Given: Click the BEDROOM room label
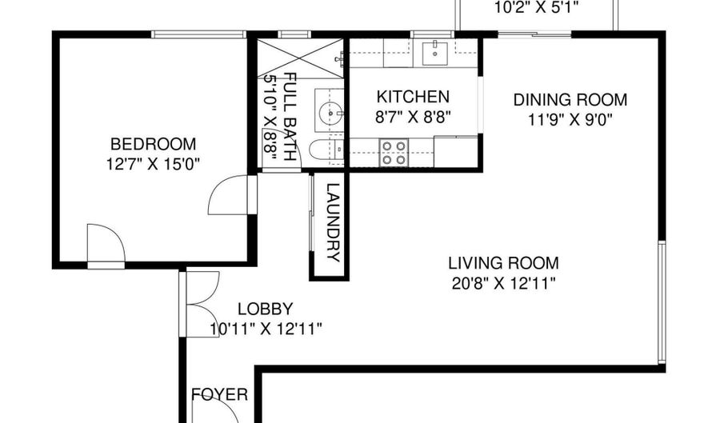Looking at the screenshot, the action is pyautogui.click(x=153, y=144).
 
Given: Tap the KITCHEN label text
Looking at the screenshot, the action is pyautogui.click(x=412, y=97).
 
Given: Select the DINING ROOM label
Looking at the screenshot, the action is pyautogui.click(x=570, y=100).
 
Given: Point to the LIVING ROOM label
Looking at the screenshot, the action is pyautogui.click(x=503, y=263).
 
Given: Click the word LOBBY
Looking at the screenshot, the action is pyautogui.click(x=265, y=309).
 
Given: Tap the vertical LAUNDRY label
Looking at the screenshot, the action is pyautogui.click(x=333, y=222).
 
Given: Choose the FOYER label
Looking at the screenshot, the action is pyautogui.click(x=219, y=394).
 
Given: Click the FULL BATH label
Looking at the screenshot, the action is pyautogui.click(x=289, y=116).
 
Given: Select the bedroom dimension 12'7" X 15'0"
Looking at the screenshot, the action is pyautogui.click(x=153, y=164).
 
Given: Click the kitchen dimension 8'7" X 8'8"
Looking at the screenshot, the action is pyautogui.click(x=412, y=117).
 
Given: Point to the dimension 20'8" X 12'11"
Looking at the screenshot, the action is pyautogui.click(x=503, y=283).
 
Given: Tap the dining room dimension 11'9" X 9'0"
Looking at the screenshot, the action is pyautogui.click(x=570, y=120).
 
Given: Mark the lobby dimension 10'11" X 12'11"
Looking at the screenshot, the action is pyautogui.click(x=266, y=329).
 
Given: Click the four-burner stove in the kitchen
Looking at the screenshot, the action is pyautogui.click(x=394, y=152).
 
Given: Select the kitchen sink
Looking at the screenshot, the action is pyautogui.click(x=434, y=52).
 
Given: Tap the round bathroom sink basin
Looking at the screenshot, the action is pyautogui.click(x=330, y=111).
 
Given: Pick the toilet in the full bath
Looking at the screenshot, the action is pyautogui.click(x=326, y=150).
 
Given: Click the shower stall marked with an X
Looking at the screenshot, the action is pyautogui.click(x=300, y=58).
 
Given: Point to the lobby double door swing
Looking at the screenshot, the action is pyautogui.click(x=202, y=304).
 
